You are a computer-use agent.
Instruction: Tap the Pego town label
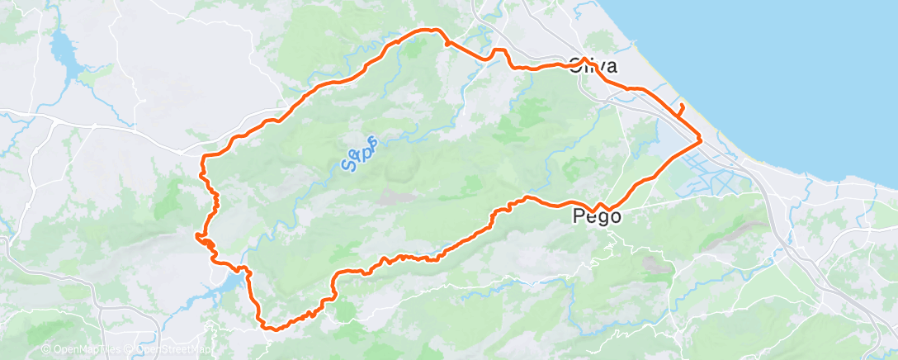(596, 217)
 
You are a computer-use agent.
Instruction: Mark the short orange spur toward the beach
(681, 111)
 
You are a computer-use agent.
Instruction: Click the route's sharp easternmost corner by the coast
(701, 140)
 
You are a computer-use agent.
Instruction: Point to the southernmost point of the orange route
(269, 328)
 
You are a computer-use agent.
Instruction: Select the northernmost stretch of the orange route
(429, 31)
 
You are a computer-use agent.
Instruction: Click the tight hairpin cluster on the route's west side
(204, 240)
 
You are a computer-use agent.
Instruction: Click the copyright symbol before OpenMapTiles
(46, 349)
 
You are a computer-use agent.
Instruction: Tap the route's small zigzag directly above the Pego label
(600, 205)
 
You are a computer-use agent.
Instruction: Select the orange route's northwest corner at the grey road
(205, 155)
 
